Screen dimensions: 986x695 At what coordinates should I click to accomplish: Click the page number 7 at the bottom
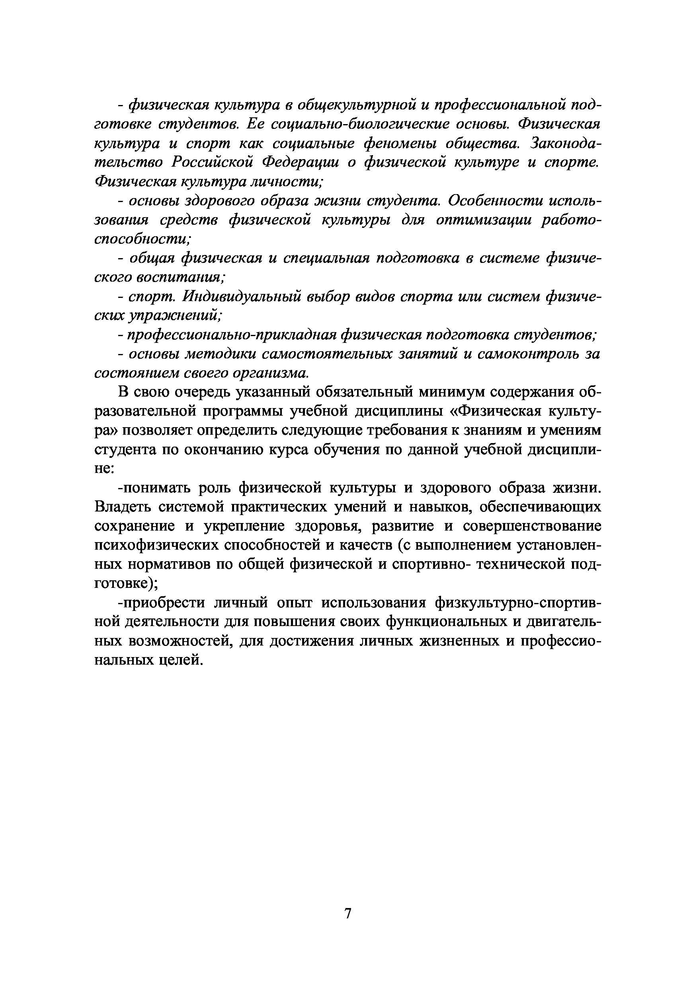348,911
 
